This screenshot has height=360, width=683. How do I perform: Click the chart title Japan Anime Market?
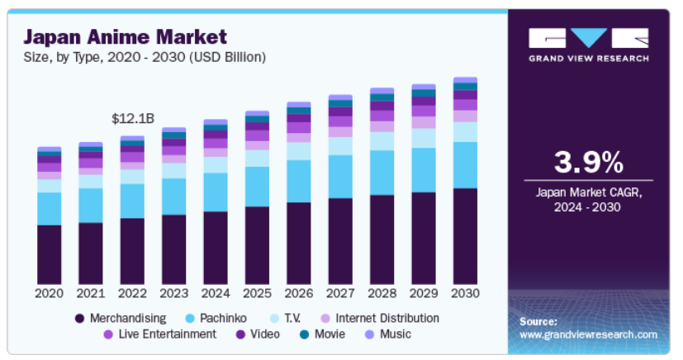coord(124,37)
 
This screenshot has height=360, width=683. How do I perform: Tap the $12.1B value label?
coord(132,119)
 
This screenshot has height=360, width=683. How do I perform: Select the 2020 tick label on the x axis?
coord(50,293)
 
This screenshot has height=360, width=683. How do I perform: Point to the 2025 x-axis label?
coord(257,293)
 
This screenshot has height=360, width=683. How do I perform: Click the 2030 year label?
coord(465,293)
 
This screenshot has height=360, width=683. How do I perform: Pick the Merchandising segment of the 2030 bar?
coord(465,236)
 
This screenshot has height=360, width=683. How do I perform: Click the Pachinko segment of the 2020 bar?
coord(50,208)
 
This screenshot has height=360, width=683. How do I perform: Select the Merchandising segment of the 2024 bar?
coord(216,248)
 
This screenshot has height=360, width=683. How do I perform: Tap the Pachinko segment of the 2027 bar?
coord(340,177)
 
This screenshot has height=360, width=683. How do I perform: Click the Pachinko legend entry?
coord(221,318)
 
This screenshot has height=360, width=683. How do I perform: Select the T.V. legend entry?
coord(290,318)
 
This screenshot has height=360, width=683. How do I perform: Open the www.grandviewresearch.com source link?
coord(588,334)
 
